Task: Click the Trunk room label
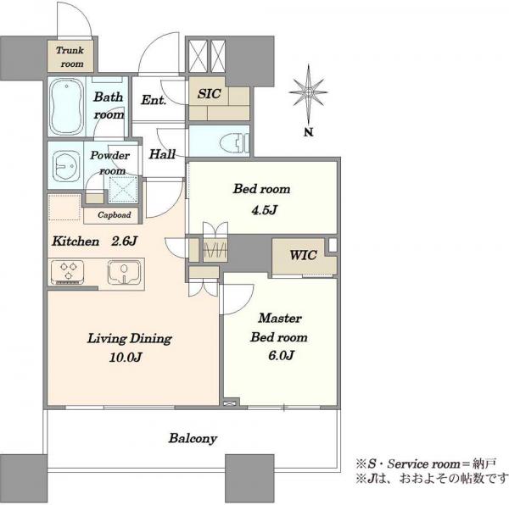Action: (x=70, y=57)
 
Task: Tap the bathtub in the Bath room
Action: (x=67, y=107)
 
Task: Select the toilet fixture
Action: (x=234, y=142)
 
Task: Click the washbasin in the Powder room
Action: (x=66, y=165)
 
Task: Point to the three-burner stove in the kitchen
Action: (x=68, y=272)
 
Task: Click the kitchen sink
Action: (x=125, y=272)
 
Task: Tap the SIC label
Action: (x=210, y=94)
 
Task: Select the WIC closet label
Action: (x=303, y=255)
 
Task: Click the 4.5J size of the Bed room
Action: (x=264, y=210)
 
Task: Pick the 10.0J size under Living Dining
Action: (x=126, y=358)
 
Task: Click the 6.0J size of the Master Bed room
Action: (x=281, y=355)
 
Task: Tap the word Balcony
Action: (x=193, y=439)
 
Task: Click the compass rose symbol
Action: (x=308, y=92)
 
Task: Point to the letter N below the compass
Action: (x=309, y=132)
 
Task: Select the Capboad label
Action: (x=115, y=215)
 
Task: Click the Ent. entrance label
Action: (x=154, y=100)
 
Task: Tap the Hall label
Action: (x=162, y=154)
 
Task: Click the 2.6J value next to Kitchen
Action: (x=125, y=241)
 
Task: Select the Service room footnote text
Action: (x=425, y=463)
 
